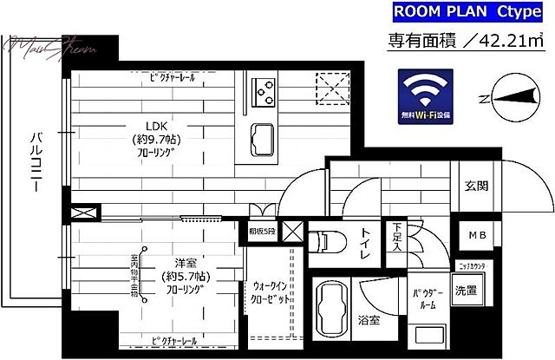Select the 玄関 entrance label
pos(476,186)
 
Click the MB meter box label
pos(477,236)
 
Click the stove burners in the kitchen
pos(263,88)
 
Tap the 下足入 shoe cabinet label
pos(396,237)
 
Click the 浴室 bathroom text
pos(368,321)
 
